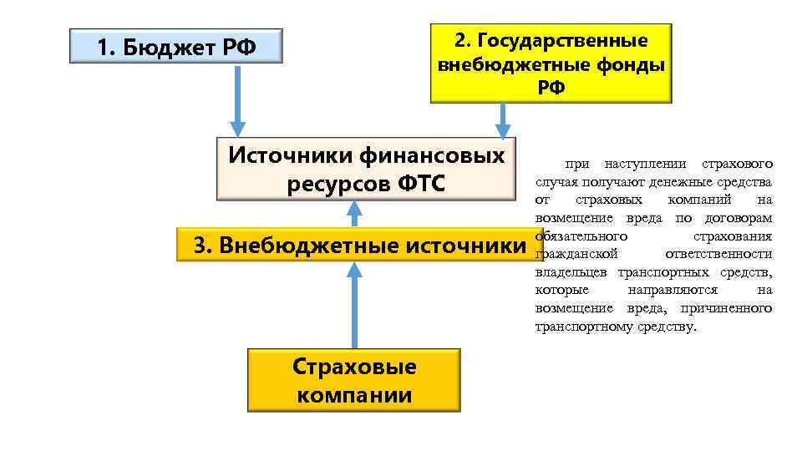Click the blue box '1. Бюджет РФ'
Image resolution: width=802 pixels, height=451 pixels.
(176, 47)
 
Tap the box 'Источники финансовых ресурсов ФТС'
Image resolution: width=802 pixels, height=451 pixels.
(366, 169)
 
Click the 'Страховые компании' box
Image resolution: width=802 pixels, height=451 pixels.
(354, 381)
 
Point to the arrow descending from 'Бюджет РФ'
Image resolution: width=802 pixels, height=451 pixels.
(237, 100)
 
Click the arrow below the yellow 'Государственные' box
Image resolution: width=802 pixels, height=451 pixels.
(502, 120)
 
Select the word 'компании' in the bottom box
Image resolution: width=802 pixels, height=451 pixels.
(354, 395)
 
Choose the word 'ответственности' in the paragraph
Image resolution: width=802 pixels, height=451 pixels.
(718, 254)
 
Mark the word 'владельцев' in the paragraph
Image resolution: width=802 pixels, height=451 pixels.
(572, 272)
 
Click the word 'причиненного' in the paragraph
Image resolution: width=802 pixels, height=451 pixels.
(732, 308)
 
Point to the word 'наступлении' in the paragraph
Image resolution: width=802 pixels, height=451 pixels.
(647, 164)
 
